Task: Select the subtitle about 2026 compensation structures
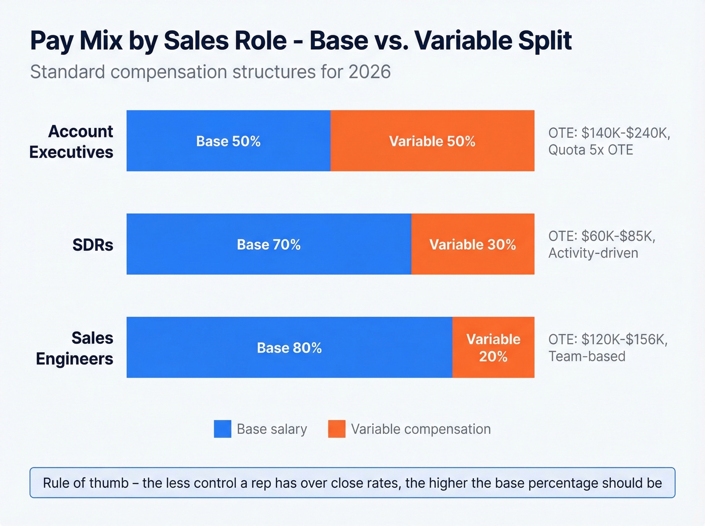tap(210, 72)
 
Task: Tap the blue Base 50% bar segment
tap(228, 141)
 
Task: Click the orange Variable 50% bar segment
tap(432, 141)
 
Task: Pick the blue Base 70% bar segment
tap(268, 245)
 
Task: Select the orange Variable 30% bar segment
tap(472, 245)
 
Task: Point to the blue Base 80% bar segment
tap(289, 348)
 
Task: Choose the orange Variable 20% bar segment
tap(493, 348)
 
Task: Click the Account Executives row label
tap(72, 141)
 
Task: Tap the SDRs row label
tap(93, 245)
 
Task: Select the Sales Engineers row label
tap(75, 348)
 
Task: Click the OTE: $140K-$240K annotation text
tap(609, 133)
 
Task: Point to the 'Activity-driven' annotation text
tap(593, 253)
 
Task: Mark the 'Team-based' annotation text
tap(587, 356)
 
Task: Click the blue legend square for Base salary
tap(223, 429)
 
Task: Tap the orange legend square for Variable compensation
tap(336, 429)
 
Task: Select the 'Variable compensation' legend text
tap(420, 429)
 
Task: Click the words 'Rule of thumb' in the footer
tap(86, 483)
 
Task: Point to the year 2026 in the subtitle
tap(370, 72)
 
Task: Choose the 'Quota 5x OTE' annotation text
tap(590, 150)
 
